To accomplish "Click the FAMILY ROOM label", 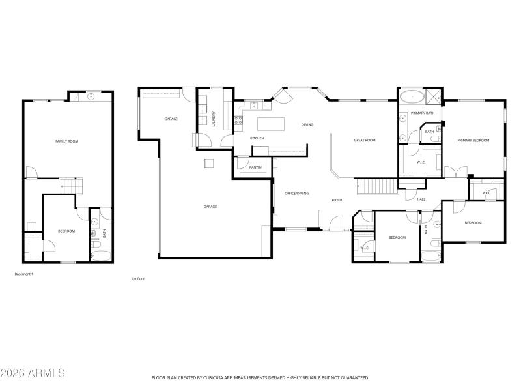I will click(67, 141).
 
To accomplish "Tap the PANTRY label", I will click(256, 168).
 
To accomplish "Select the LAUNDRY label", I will click(214, 119).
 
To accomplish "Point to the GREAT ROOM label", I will click(365, 140).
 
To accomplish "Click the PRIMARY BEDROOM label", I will click(473, 140).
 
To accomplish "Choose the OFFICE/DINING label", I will click(297, 193).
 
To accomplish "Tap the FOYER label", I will click(337, 200).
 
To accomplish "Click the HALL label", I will click(421, 199).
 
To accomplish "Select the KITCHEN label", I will click(257, 138).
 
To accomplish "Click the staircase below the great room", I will click(378, 187).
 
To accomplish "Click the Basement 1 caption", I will click(23, 274).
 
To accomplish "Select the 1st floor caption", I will click(137, 278).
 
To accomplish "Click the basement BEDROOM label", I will click(66, 231).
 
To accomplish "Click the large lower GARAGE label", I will click(210, 207).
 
